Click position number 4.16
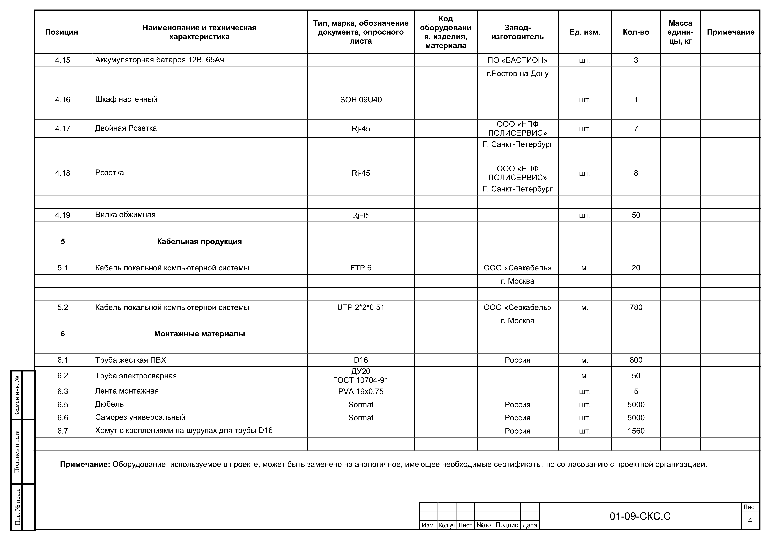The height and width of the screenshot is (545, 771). point(63,100)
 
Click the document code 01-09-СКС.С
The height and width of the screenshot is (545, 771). point(640,516)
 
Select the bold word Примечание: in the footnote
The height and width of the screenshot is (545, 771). point(85,464)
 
